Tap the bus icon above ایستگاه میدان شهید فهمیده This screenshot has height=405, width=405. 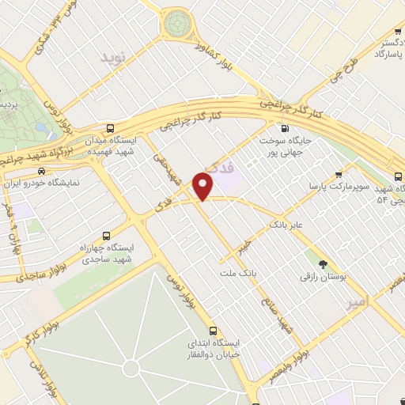coord(109,127)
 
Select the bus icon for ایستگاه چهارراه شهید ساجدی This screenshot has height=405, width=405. coord(108,235)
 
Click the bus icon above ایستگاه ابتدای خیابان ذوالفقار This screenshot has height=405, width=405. coord(213,331)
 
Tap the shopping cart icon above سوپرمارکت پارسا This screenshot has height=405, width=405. coord(339,175)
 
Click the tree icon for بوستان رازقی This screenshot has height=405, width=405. coord(321,264)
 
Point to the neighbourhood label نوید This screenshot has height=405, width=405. coord(113,59)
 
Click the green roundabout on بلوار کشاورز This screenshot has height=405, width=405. coord(178,25)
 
